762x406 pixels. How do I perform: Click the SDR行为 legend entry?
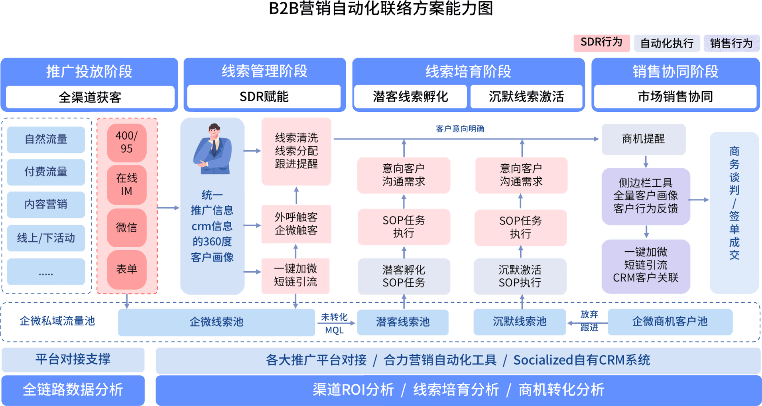pyautogui.click(x=601, y=43)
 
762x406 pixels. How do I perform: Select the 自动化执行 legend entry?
pyautogui.click(x=667, y=43)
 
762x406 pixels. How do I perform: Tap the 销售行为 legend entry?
pyautogui.click(x=731, y=43)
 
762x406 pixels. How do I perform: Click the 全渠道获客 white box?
pyautogui.click(x=90, y=97)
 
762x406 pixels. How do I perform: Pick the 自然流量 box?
pyautogui.click(x=46, y=140)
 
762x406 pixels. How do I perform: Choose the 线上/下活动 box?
pyautogui.click(x=46, y=238)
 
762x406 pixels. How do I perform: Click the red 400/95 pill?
pyautogui.click(x=127, y=142)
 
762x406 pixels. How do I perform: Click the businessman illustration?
pyautogui.click(x=213, y=149)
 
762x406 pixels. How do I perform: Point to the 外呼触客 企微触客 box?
pyautogui.click(x=296, y=224)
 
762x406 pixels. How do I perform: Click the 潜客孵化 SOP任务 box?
pyautogui.click(x=404, y=276)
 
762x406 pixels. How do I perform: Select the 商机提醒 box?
pyautogui.click(x=643, y=139)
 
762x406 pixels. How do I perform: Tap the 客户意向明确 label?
pyautogui.click(x=460, y=129)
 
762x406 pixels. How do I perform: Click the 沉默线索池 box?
pyautogui.click(x=519, y=322)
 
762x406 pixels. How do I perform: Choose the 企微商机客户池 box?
pyautogui.click(x=670, y=322)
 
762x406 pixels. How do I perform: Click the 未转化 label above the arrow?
pyautogui.click(x=334, y=317)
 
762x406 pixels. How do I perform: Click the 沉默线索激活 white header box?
pyautogui.click(x=526, y=97)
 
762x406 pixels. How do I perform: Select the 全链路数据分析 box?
pyautogui.click(x=73, y=390)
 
